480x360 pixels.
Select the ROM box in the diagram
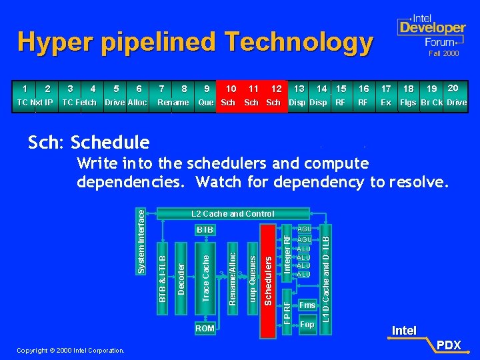point(205,328)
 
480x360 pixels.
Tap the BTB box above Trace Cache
point(205,230)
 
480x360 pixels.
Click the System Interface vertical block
point(141,239)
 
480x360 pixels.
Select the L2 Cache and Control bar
point(232,214)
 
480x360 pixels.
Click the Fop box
point(307,325)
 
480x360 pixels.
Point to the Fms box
point(307,305)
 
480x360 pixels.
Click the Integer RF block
point(287,253)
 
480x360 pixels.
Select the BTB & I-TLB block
point(162,273)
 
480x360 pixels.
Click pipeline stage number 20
point(453,88)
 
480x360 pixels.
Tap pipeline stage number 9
point(207,89)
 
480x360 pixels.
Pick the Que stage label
point(206,103)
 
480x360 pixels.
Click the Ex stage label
point(386,103)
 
